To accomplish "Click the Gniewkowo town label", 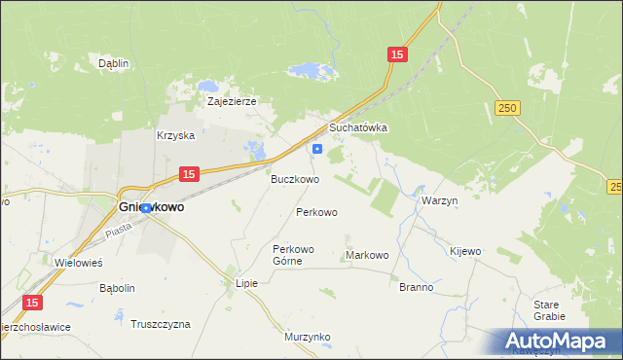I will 152,207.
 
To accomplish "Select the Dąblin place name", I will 114,63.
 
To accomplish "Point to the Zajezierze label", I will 231,100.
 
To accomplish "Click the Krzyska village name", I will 176,136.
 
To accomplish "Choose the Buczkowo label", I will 295,180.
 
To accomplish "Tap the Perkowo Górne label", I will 294,255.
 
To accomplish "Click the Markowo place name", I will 367,255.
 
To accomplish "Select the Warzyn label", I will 439,199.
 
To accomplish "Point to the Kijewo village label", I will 464,251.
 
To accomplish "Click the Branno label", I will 416,288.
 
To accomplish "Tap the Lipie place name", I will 246,284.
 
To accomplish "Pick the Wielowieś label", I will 79,263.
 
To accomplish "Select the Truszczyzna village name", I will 161,323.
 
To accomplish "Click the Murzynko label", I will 308,337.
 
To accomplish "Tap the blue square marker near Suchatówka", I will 317,149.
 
